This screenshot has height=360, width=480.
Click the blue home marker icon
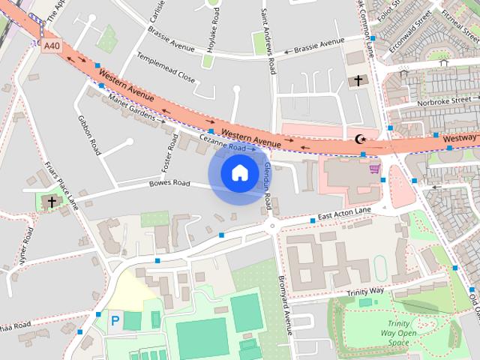(x=239, y=173)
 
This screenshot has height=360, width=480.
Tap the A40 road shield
(x=51, y=46)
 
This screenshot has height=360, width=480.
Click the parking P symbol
(x=115, y=320)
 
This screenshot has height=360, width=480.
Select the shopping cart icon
(x=373, y=169)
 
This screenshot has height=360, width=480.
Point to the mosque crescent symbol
(x=360, y=139)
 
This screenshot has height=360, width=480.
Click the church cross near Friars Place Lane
(x=52, y=202)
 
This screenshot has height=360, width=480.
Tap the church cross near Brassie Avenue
(x=358, y=80)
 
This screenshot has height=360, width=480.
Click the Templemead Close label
(x=166, y=67)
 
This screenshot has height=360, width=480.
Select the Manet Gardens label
(x=136, y=109)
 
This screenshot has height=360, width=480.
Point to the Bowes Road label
(x=169, y=182)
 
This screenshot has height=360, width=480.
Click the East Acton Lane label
(x=344, y=215)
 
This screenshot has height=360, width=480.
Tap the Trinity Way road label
(x=365, y=290)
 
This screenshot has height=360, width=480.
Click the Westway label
(x=458, y=138)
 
